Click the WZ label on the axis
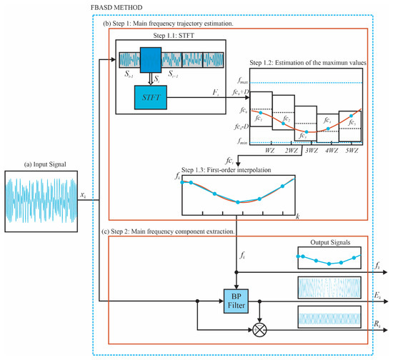[x=270, y=151]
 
